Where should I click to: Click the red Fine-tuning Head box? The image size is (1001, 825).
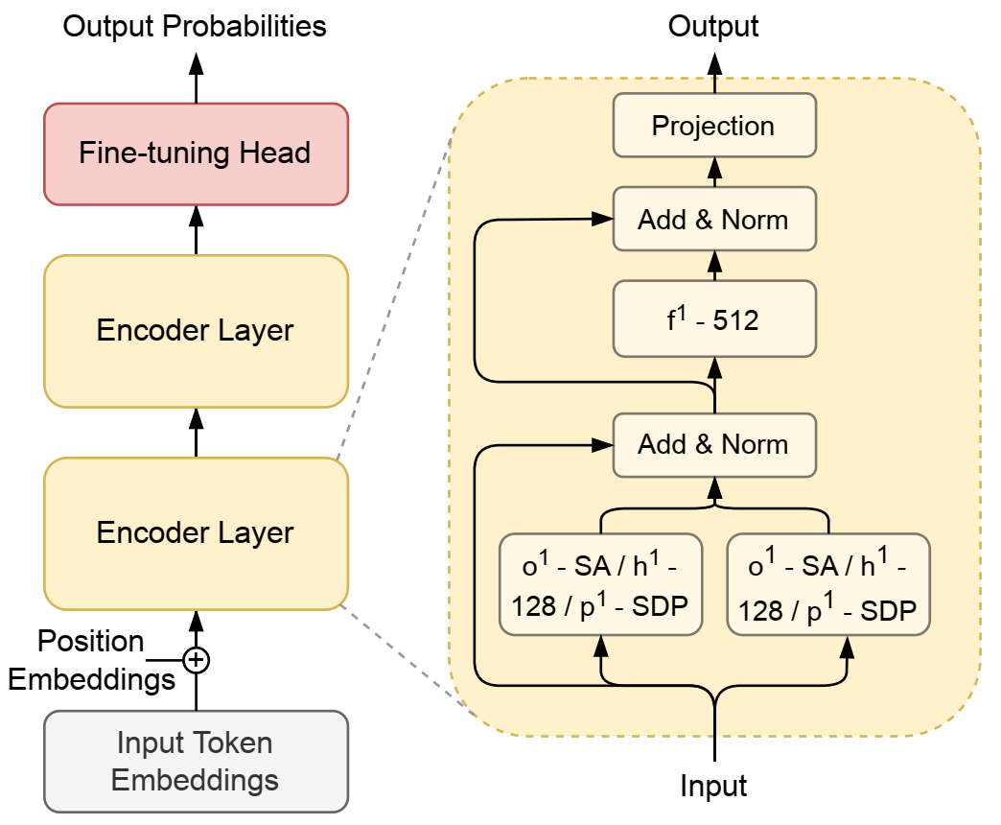coord(196,153)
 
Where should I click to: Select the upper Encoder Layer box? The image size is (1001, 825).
coord(196,331)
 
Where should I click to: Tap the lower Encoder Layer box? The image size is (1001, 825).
coord(196,533)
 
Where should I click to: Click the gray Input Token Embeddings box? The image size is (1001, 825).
coord(196,762)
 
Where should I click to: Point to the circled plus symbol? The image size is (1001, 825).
coord(196,660)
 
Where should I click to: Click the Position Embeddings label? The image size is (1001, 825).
coord(91,660)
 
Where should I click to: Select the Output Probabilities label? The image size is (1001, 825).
coord(195,26)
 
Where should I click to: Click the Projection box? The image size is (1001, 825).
coord(714,125)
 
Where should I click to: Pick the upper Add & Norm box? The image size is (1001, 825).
coord(714,219)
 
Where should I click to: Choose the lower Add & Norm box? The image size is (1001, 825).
coord(714,445)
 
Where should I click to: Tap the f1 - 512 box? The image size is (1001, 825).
coord(714,318)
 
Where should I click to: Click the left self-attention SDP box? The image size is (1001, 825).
coord(601,585)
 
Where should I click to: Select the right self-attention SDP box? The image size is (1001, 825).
coord(828,585)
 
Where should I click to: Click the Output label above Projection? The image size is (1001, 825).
coord(713,26)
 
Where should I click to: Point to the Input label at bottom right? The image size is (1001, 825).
coord(713,786)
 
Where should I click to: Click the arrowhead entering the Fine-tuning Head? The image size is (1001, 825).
coord(196,217)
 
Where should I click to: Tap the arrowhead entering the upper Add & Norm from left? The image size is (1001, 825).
coord(602,219)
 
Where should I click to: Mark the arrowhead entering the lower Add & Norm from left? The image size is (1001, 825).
coord(602,445)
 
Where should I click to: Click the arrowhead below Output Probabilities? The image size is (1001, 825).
coord(196,64)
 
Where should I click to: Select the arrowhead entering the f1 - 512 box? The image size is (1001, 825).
coord(715,368)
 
